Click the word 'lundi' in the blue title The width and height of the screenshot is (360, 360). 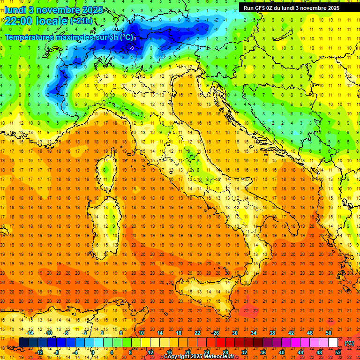point(15,9)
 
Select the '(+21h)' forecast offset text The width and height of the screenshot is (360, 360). point(81,21)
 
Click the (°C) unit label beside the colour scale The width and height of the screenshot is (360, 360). point(349,343)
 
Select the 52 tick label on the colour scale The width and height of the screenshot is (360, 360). point(338,352)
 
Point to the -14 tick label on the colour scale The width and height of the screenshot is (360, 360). point(30,333)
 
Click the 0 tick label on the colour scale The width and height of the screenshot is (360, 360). point(93,352)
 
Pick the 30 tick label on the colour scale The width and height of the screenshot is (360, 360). point(235,333)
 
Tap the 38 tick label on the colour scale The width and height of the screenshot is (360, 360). point(272,333)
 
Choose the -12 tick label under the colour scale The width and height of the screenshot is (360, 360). point(39,352)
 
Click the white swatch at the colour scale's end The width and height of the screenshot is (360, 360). point(333,343)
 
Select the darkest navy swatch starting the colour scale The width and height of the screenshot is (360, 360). point(23,343)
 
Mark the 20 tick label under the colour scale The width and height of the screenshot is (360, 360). point(188,352)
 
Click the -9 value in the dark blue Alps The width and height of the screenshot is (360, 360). point(132,48)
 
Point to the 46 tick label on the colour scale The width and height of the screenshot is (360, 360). point(310,333)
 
